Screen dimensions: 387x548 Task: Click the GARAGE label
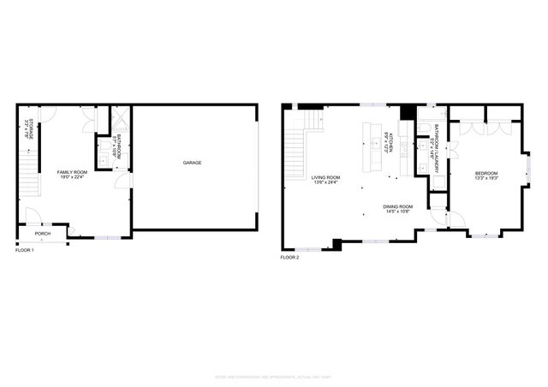point(193,162)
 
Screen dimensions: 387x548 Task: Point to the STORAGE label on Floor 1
point(27,129)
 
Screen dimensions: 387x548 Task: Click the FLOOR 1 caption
point(25,250)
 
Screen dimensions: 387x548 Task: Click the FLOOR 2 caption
point(289,257)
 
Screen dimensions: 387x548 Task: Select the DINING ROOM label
point(398,206)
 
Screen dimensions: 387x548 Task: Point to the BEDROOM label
point(486,174)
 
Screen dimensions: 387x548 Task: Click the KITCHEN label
point(388,139)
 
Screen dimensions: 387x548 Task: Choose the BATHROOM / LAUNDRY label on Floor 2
point(436,141)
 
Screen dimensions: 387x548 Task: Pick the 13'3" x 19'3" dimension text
point(486,179)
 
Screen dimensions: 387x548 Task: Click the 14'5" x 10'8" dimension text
point(398,211)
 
